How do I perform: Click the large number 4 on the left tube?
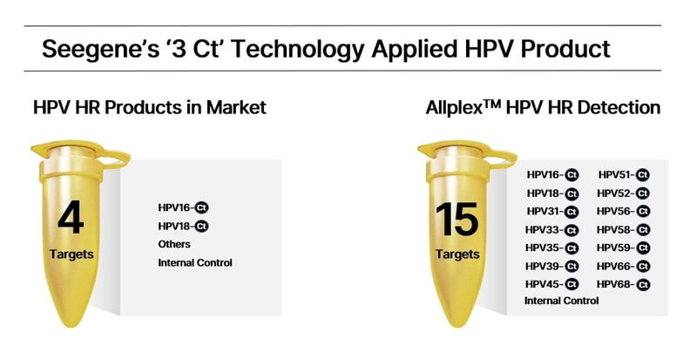click(x=71, y=217)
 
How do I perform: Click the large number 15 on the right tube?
click(x=457, y=220)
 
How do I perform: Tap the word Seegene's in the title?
click(x=100, y=49)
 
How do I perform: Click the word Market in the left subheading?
click(x=235, y=107)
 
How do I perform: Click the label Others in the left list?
click(x=174, y=244)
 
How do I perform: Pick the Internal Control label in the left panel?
click(x=195, y=263)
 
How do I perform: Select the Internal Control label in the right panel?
click(x=561, y=301)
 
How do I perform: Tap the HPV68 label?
click(x=615, y=284)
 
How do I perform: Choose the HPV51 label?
click(x=616, y=175)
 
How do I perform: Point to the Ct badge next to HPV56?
click(x=643, y=212)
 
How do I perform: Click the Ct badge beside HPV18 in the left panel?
click(x=202, y=227)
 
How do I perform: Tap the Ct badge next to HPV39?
click(x=572, y=267)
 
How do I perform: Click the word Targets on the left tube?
click(x=71, y=255)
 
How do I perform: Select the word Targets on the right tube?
click(x=458, y=255)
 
